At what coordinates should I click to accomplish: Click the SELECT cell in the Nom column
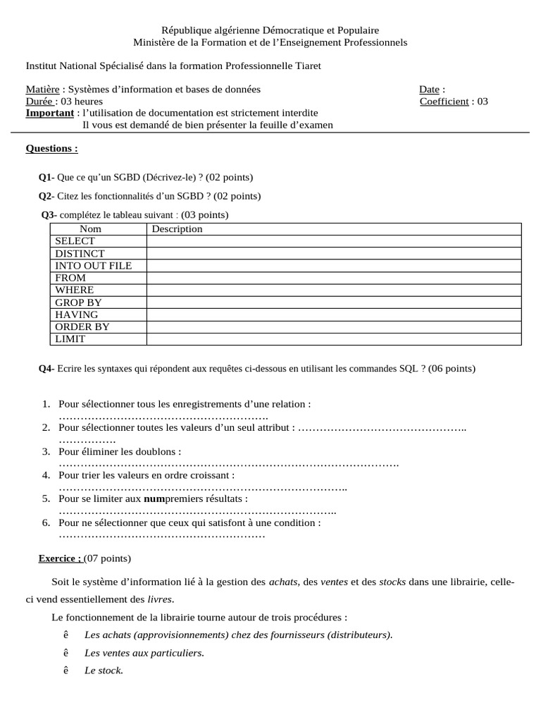75,241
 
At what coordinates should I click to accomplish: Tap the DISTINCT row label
80,253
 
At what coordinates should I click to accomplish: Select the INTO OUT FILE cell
93,266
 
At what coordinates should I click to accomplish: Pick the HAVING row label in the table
77,314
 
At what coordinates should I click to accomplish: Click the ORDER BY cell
82,327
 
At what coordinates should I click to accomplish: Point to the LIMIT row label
70,339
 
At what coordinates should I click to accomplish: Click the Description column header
177,229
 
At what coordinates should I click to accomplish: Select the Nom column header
91,229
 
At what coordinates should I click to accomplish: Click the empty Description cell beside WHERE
333,290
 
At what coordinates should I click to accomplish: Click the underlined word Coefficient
444,102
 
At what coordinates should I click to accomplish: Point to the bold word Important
49,113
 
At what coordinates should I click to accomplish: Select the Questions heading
51,149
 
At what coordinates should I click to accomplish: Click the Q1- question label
46,177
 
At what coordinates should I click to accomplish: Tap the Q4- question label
46,368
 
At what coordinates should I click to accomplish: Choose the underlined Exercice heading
60,558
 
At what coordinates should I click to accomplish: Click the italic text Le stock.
104,671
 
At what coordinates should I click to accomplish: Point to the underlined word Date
429,90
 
